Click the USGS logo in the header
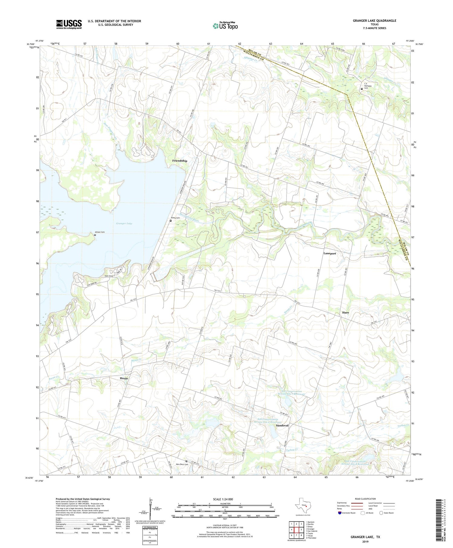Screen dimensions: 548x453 coord(69,24)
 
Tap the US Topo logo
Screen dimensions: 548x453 coord(225,26)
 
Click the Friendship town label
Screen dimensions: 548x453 coord(180,161)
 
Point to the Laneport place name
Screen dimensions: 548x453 coord(329,253)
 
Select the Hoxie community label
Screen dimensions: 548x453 coord(124,378)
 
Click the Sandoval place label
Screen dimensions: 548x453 coord(282,425)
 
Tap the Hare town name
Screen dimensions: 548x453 coord(345,313)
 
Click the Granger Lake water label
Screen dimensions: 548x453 coord(124,223)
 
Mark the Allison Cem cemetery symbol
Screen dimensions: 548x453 coord(95,235)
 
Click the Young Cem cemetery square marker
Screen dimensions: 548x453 coord(171,221)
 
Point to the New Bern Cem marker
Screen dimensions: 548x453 coord(186,461)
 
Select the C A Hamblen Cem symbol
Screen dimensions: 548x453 coord(361,89)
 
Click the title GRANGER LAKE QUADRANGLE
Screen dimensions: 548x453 coord(374,21)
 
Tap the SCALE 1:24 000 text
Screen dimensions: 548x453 coord(225,499)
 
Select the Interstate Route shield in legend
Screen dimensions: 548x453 coord(340,513)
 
